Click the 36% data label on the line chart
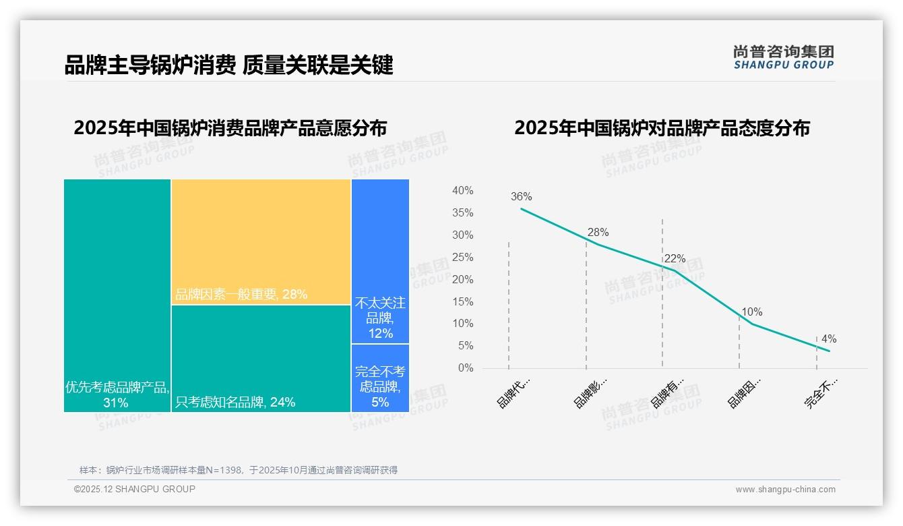coord(521,197)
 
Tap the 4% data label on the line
coord(828,339)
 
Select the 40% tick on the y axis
coord(462,191)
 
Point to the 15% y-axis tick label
coord(462,301)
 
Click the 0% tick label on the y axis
coord(466,368)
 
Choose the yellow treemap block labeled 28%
coord(261,241)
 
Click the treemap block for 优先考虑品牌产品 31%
coord(117,295)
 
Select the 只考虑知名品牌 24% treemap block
coord(261,358)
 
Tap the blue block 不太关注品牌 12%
coord(380,261)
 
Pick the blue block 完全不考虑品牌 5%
coord(380,378)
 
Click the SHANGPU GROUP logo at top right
coord(783,57)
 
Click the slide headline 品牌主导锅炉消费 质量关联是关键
coord(228,65)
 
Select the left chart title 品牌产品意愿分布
coord(230,127)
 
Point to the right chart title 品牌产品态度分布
coord(662,127)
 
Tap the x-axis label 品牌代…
coord(513,392)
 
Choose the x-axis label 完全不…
coord(821,392)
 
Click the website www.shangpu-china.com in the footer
coord(785,490)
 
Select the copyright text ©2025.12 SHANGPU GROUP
coord(135,489)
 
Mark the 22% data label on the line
coord(675,259)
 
